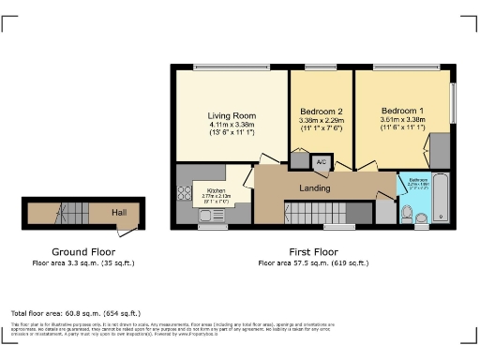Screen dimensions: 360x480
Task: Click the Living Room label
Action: (x=231, y=116)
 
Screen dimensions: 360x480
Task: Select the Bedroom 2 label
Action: (x=321, y=112)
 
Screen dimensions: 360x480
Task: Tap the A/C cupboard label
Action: (x=321, y=162)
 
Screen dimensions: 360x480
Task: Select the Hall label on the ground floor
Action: (x=119, y=213)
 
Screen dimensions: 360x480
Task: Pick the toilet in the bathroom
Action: (x=406, y=217)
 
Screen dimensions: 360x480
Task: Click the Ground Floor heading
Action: (x=82, y=252)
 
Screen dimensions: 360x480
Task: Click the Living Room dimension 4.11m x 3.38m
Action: (x=231, y=126)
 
